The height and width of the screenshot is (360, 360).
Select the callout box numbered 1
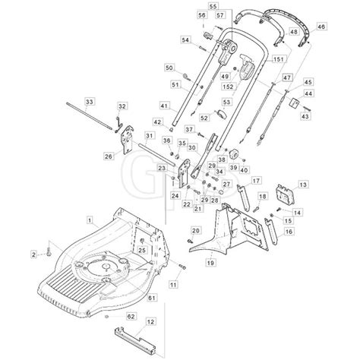pos(90,219)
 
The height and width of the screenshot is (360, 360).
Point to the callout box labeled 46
pos(321,27)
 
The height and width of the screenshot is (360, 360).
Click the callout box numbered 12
pos(150,322)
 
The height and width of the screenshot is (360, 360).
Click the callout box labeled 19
pos(210,263)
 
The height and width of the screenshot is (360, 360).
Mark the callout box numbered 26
pos(108,156)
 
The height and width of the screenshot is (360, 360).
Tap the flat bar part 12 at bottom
pos(137,333)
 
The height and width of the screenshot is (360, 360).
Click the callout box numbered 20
pos(197,230)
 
